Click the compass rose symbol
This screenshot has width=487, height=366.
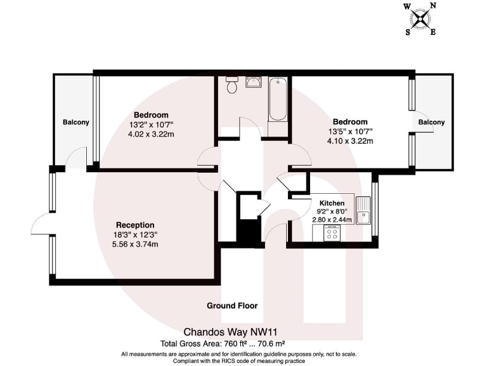point(420,18)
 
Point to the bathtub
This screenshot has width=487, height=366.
point(278,100)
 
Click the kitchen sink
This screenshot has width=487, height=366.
point(363,210)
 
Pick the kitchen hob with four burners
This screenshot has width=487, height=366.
point(331,233)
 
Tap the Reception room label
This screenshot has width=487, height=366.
point(135,225)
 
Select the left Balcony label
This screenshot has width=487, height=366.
point(75,122)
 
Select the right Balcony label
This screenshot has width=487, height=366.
point(431,122)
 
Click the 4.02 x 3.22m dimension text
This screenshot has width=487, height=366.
point(150,134)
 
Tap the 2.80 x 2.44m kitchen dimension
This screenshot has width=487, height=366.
point(332,220)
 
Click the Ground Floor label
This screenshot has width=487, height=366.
point(232,306)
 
